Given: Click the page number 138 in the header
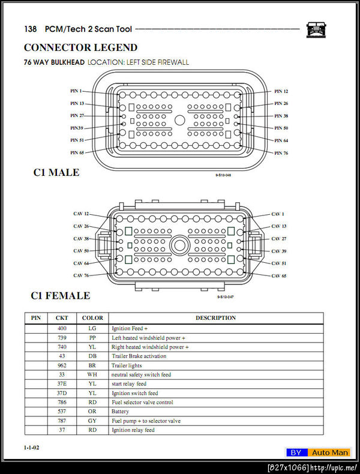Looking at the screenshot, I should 31,29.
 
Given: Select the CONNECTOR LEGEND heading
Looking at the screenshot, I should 80,47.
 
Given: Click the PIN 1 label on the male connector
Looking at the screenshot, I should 76,91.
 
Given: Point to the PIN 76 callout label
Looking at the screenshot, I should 281,153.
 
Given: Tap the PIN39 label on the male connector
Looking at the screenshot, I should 77,128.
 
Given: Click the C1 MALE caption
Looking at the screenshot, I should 56,173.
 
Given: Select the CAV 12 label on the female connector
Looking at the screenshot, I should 81,214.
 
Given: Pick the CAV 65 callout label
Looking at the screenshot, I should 279,275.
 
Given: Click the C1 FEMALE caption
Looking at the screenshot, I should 61,296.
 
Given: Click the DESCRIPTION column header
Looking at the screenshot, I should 215,318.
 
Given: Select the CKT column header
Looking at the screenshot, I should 62,318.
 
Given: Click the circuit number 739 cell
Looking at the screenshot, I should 62,338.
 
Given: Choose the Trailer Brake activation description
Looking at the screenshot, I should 139,356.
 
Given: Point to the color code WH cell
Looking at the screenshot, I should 92,374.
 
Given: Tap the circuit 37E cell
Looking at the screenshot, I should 62,384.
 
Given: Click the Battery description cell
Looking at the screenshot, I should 120,412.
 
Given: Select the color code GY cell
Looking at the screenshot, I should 92,421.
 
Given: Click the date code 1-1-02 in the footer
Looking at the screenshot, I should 32,448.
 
